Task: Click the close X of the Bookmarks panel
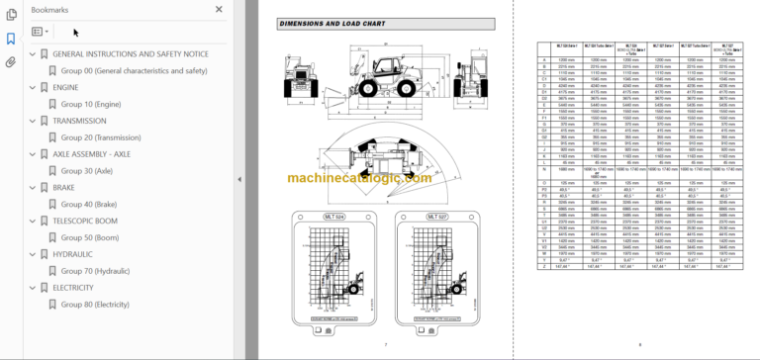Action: pos(219,9)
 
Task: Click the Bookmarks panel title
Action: pos(49,9)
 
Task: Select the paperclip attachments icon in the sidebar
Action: pos(10,62)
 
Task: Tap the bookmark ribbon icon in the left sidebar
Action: pos(10,39)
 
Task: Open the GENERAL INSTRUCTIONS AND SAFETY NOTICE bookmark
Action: pos(130,54)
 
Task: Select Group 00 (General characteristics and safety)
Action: pos(134,71)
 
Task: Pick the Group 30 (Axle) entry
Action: pos(89,171)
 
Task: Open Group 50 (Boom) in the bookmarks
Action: pos(92,237)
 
